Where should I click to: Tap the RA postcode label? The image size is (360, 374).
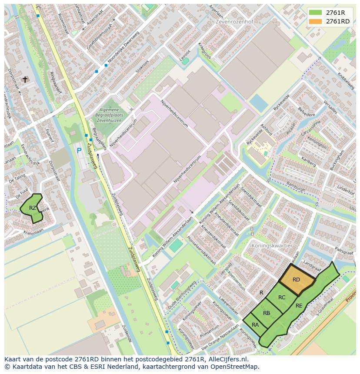pyautogui.click(x=255, y=325)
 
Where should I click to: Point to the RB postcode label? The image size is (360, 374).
pyautogui.click(x=267, y=313)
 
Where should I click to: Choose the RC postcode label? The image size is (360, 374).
pyautogui.click(x=282, y=298)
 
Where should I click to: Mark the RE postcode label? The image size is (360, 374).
pyautogui.click(x=299, y=306)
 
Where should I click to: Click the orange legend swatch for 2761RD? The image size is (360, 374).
pyautogui.click(x=316, y=21)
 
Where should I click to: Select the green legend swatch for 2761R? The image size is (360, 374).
pyautogui.click(x=316, y=12)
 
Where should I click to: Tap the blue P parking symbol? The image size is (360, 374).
pyautogui.click(x=79, y=151)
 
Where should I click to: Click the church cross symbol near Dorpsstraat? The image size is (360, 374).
pyautogui.click(x=25, y=79)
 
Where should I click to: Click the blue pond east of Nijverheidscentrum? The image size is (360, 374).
pyautogui.click(x=259, y=103)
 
